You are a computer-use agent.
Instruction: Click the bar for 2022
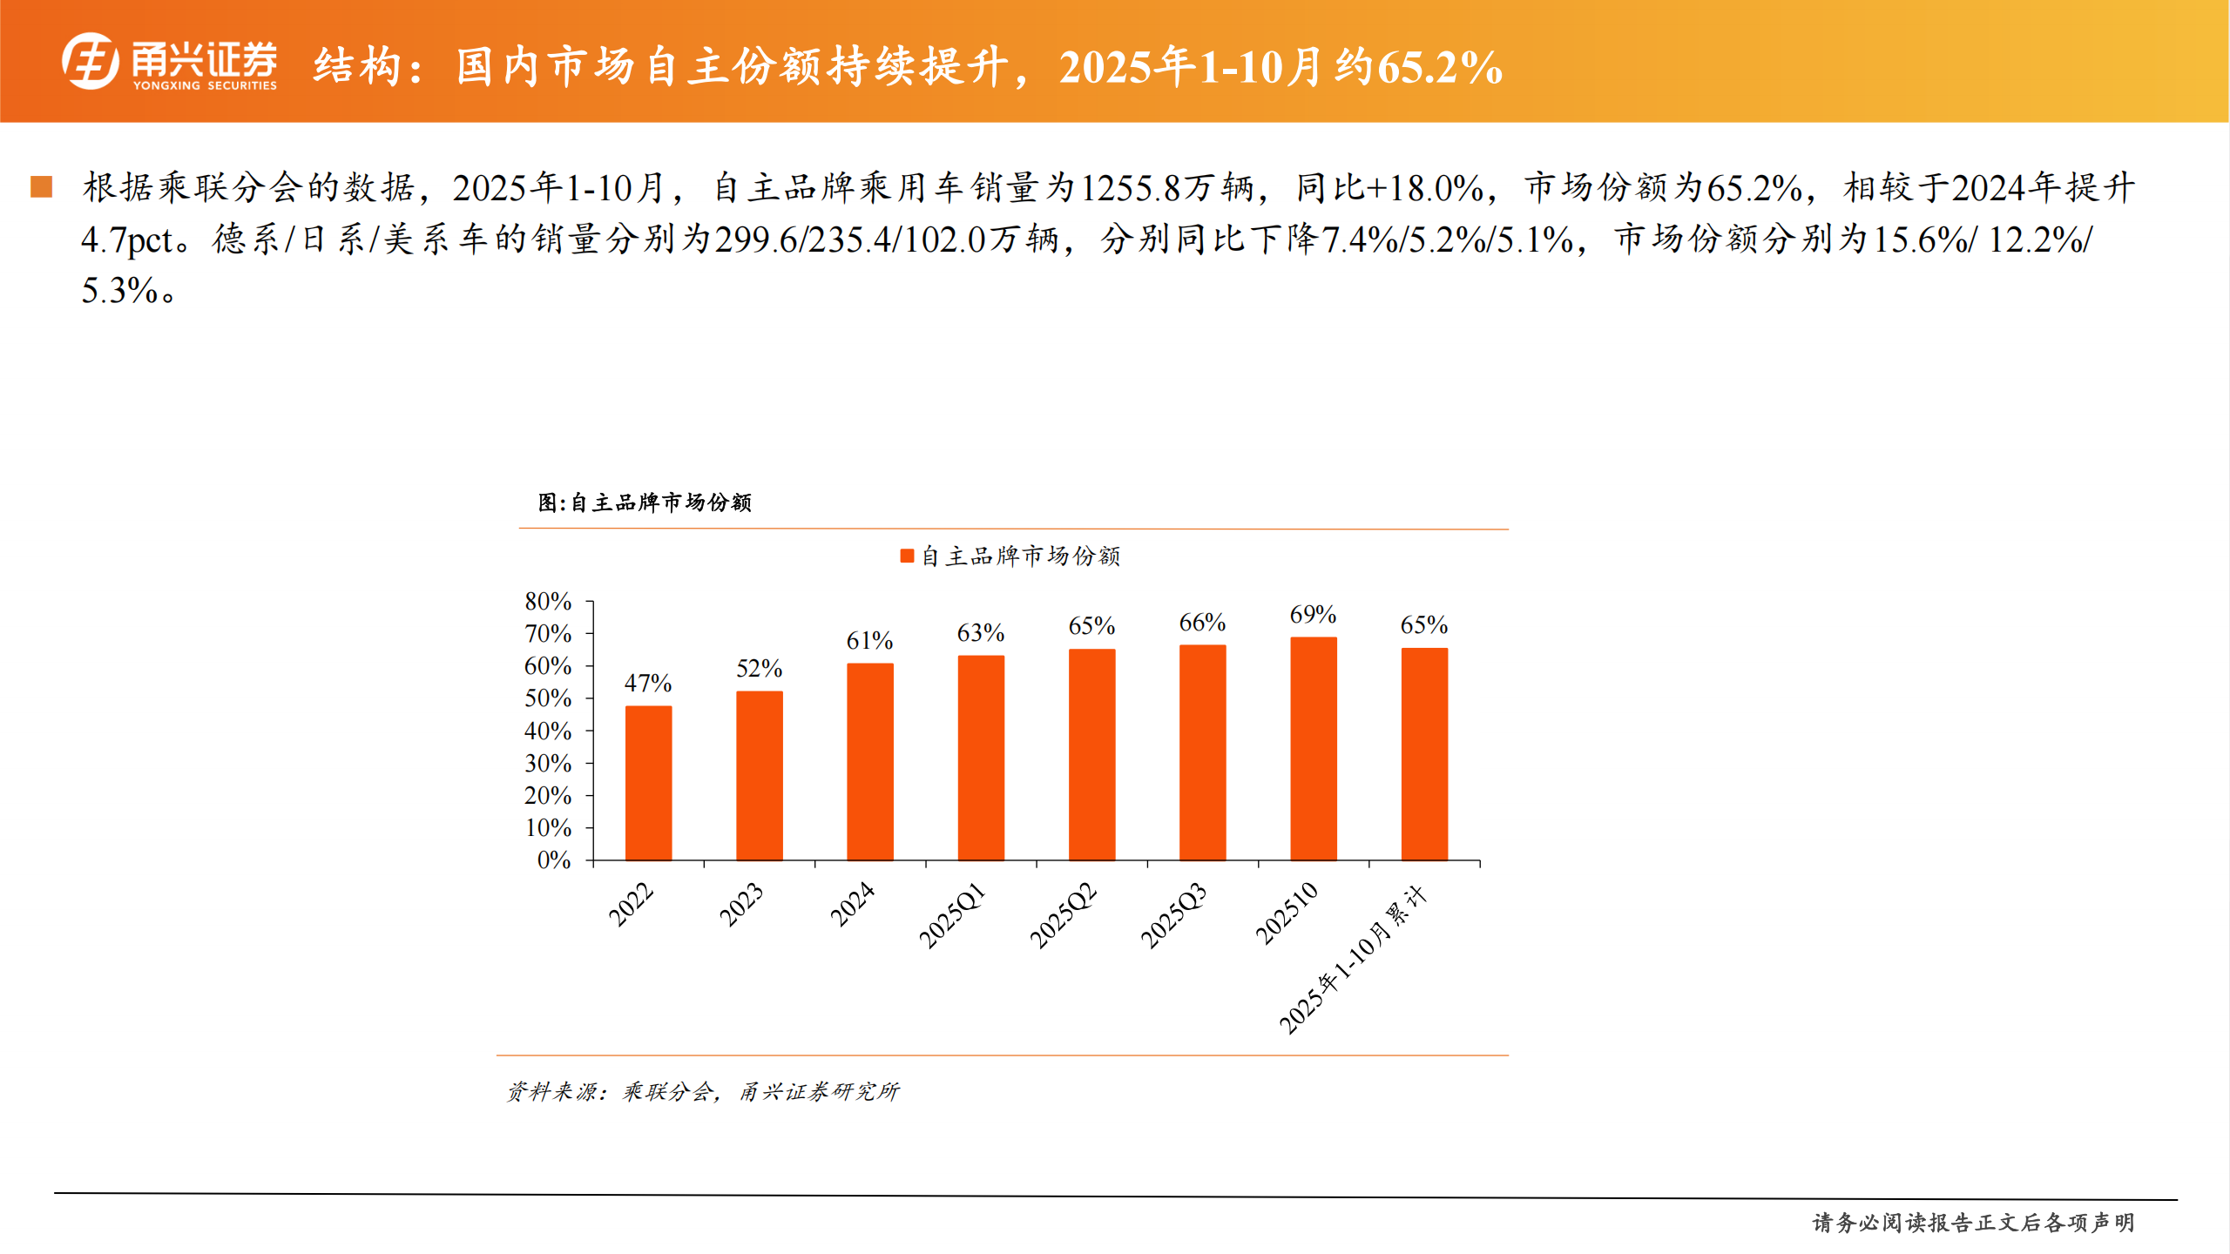click(648, 783)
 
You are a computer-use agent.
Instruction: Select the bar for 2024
click(869, 762)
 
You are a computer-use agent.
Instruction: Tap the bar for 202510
click(1313, 749)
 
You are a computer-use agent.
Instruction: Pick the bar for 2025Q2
click(1091, 754)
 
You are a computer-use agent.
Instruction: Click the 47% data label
click(647, 684)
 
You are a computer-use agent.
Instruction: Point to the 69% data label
click(1313, 615)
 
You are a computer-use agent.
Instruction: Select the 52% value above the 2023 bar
click(759, 669)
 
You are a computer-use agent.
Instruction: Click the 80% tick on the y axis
click(548, 602)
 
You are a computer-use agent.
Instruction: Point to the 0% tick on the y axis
click(553, 860)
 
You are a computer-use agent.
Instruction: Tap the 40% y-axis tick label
click(548, 731)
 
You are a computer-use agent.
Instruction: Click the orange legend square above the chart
click(907, 556)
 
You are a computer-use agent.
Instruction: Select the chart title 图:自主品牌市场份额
click(645, 502)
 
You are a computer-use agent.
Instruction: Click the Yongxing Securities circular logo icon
click(91, 61)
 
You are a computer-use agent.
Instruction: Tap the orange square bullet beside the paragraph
click(42, 186)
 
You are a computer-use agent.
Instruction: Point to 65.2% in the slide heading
click(1441, 68)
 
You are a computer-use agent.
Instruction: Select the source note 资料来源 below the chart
click(702, 1091)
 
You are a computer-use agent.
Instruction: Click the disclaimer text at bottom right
click(1973, 1223)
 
